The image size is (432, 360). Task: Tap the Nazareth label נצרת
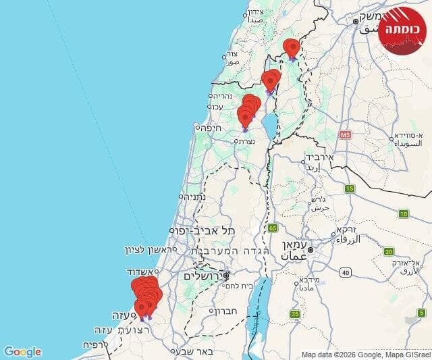click(x=244, y=142)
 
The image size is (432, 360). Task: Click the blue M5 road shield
click(x=346, y=135)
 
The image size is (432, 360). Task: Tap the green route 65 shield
click(x=271, y=228)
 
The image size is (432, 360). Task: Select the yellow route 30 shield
click(x=389, y=251)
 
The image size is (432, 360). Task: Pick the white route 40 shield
click(x=346, y=272)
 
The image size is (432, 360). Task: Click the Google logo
click(x=22, y=352)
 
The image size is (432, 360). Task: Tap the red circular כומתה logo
click(x=402, y=30)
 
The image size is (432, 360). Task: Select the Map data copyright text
click(x=365, y=355)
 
